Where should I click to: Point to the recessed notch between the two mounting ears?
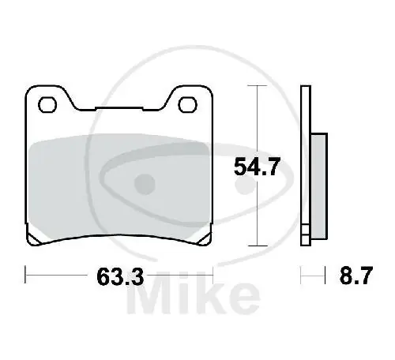point(118,107)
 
